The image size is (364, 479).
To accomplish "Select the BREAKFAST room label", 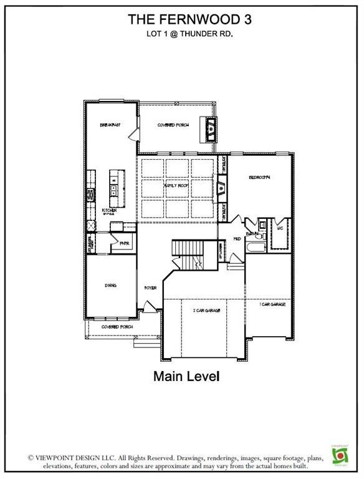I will tap(110, 125).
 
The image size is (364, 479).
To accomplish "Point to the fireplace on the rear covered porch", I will tap(213, 130).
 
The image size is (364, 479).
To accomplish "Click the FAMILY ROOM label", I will tap(176, 186).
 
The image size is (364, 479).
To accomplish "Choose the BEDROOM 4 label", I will tap(259, 178).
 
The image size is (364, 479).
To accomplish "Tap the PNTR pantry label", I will tap(123, 243).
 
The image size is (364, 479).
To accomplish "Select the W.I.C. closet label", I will tap(279, 229).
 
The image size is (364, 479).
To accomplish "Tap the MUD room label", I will tap(237, 238).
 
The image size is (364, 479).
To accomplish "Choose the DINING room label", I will tap(110, 286).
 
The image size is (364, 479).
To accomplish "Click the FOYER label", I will tap(150, 288).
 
